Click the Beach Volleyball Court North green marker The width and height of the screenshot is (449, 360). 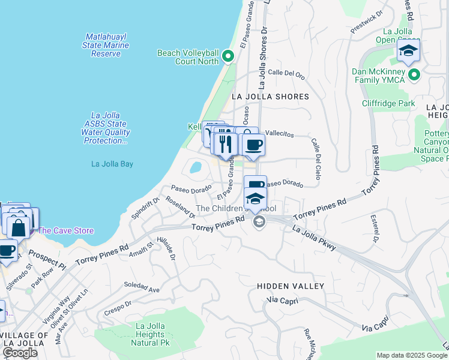228,57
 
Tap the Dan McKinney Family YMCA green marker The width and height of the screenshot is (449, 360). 414,74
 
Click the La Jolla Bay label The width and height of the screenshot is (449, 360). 112,164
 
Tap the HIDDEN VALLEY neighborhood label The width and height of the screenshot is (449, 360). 291,286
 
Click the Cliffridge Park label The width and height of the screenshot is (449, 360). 388,103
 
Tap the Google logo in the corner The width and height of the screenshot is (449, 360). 20,353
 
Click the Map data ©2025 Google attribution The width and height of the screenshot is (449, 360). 411,355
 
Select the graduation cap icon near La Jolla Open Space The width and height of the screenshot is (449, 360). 408,52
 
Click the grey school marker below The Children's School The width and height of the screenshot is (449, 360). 259,223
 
